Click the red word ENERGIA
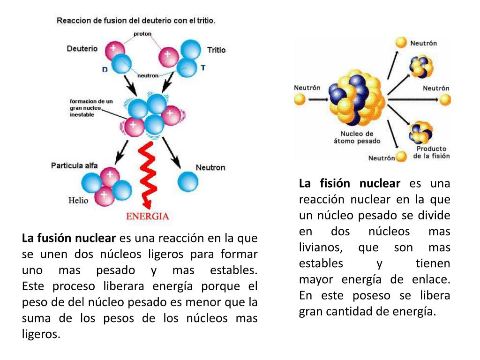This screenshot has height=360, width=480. pyautogui.click(x=148, y=216)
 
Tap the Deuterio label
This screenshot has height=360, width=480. pyautogui.click(x=82, y=48)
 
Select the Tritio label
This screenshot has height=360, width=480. pyautogui.click(x=216, y=50)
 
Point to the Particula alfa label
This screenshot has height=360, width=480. pyautogui.click(x=75, y=165)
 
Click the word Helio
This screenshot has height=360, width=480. pyautogui.click(x=78, y=200)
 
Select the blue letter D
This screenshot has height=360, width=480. pyautogui.click(x=105, y=69)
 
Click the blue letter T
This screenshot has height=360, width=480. pyautogui.click(x=203, y=67)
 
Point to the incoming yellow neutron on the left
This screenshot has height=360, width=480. pyautogui.click(x=300, y=99)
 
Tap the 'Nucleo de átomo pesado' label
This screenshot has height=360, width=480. pyautogui.click(x=357, y=137)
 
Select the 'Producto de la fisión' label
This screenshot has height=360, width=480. pyautogui.click(x=431, y=152)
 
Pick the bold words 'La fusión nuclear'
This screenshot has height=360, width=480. pyautogui.click(x=68, y=238)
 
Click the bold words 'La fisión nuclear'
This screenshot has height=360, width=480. pyautogui.click(x=350, y=183)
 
